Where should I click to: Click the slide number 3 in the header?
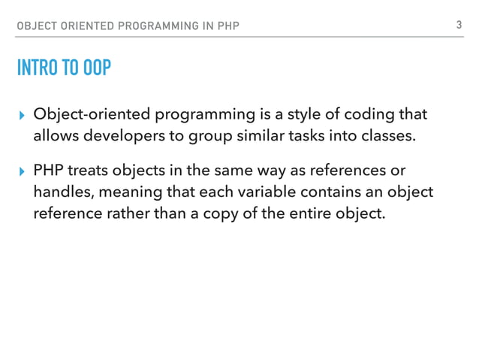(x=457, y=26)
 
